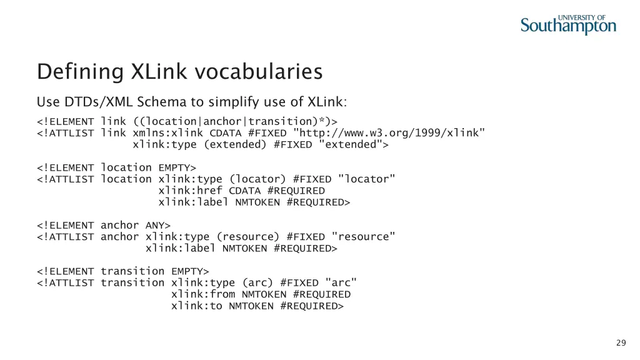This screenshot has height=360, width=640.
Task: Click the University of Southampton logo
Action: (x=568, y=24)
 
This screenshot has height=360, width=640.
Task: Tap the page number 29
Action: (x=621, y=342)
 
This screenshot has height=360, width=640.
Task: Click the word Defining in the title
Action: (x=81, y=72)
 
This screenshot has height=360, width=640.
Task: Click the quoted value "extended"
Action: (x=351, y=144)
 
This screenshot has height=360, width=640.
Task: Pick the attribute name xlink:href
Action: (x=191, y=191)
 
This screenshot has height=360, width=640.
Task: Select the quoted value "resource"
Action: (x=364, y=237)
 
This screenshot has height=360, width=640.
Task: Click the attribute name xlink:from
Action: (x=203, y=294)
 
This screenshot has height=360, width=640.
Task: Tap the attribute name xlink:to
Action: (x=197, y=306)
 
